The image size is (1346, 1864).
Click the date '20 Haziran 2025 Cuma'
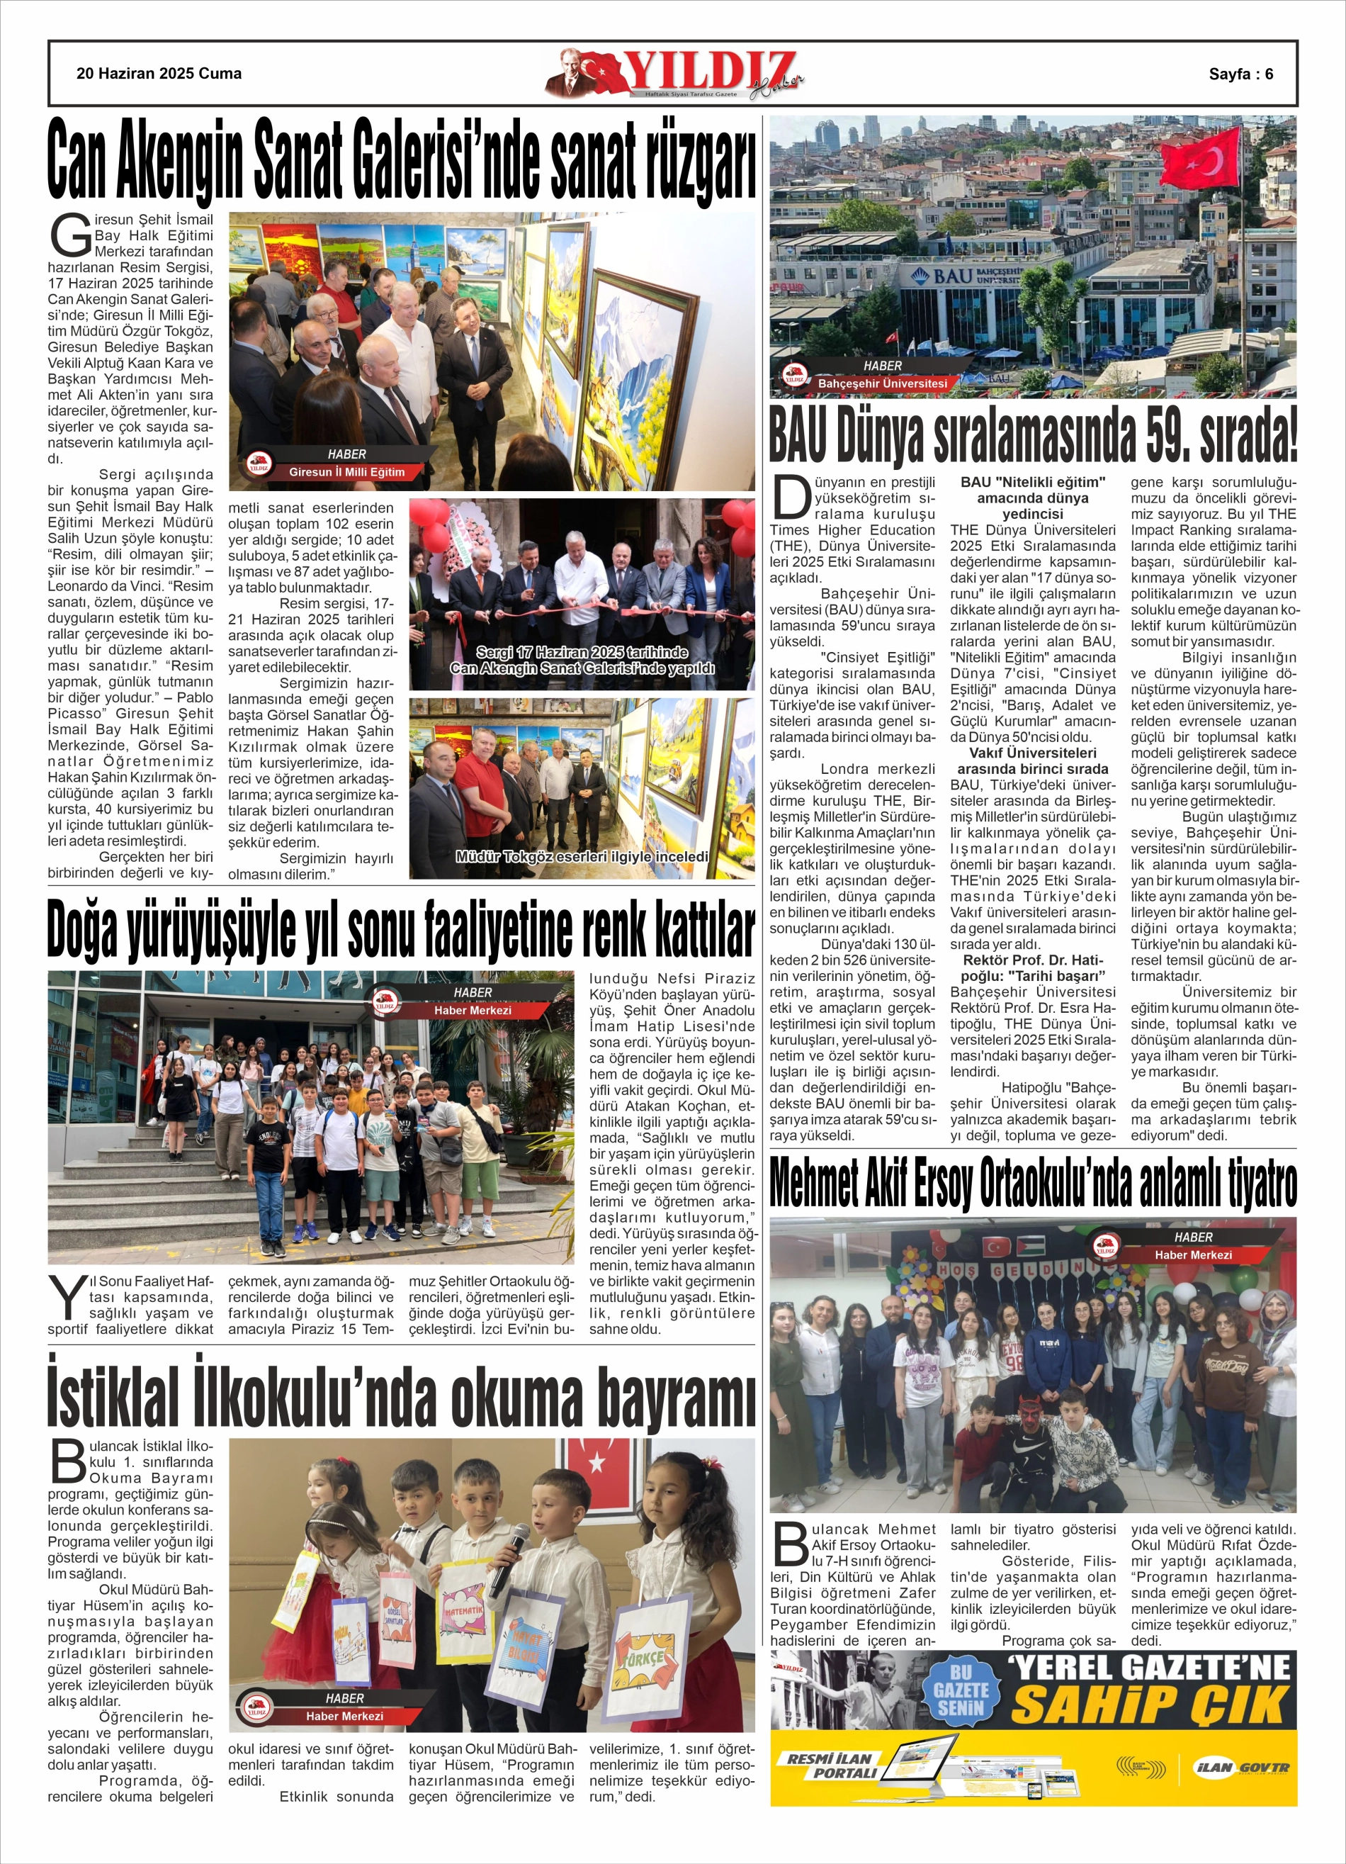159,73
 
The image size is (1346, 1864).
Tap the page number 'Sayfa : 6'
1241,73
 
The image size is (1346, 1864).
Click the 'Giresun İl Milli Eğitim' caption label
346,472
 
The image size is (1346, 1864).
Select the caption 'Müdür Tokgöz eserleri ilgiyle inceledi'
582,856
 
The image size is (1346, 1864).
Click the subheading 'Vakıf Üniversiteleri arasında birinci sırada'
1033,761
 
